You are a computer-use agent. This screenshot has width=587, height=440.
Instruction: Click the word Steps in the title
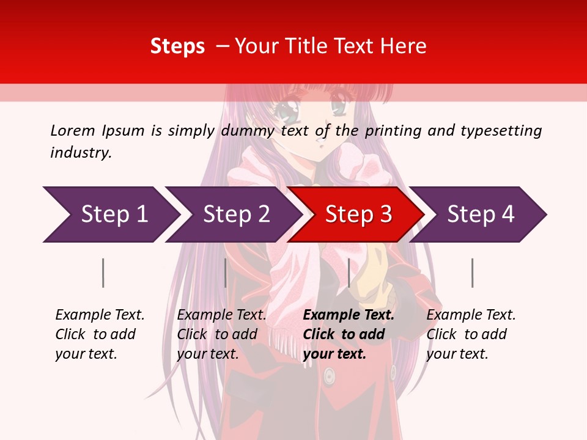177,46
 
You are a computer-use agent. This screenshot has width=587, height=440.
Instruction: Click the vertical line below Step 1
103,273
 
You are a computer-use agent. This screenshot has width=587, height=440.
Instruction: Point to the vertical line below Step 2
226,273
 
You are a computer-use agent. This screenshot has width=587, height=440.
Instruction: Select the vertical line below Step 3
349,273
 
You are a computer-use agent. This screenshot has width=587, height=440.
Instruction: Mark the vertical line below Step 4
472,273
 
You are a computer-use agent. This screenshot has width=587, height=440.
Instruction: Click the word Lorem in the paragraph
73,130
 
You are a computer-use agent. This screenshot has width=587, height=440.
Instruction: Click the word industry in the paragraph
81,153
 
